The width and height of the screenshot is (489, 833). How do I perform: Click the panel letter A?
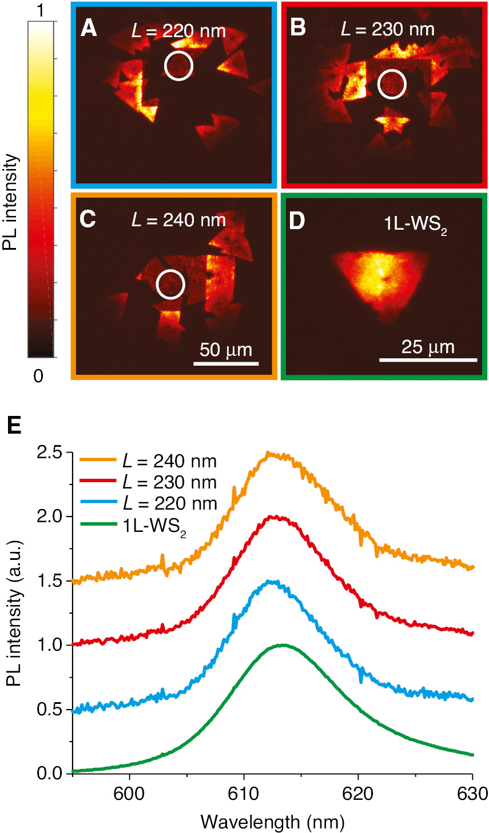89,27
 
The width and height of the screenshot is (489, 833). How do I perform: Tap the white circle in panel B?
392,85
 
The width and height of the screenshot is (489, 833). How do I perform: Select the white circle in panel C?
170,284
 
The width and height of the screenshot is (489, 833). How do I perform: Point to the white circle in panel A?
178,65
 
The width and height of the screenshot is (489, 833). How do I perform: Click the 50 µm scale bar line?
226,363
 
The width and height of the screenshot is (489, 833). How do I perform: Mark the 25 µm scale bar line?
428,360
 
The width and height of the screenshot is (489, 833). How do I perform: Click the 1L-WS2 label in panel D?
415,225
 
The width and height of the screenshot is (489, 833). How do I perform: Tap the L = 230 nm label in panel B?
387,29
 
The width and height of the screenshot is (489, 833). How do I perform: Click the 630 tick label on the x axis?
472,794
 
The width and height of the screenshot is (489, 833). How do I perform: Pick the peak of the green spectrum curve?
282,645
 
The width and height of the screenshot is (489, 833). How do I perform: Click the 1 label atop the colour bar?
39,10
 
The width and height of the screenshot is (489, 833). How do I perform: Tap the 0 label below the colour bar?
38,376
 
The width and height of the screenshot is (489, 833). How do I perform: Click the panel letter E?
14,425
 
